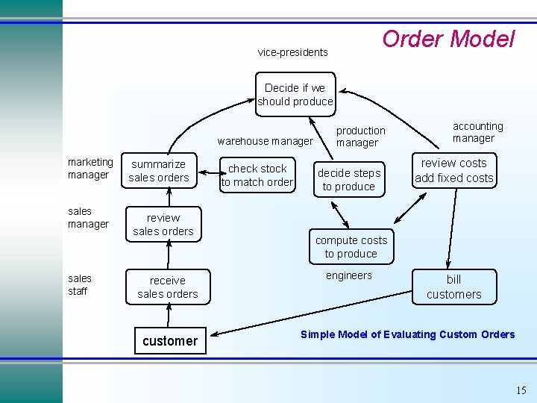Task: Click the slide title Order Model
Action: tap(448, 39)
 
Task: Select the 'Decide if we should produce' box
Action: tap(295, 95)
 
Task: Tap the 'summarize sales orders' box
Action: tap(159, 170)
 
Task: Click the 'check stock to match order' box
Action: tap(257, 175)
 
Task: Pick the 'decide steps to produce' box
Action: tap(348, 180)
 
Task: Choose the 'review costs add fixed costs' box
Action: tap(453, 170)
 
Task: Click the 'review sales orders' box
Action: tap(163, 225)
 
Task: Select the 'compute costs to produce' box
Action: tap(351, 247)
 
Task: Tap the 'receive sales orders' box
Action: tap(167, 287)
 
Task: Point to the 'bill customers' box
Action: tap(453, 287)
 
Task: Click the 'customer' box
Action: tap(170, 341)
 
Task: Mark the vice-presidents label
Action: tap(292, 52)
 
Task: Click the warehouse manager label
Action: tap(265, 141)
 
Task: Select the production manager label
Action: tap(360, 137)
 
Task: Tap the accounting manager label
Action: tap(477, 132)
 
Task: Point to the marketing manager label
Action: tap(89, 169)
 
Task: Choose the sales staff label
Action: tap(79, 285)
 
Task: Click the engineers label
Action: tap(348, 275)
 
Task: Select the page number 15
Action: tap(521, 390)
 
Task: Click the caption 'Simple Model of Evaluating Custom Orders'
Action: tap(407, 334)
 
